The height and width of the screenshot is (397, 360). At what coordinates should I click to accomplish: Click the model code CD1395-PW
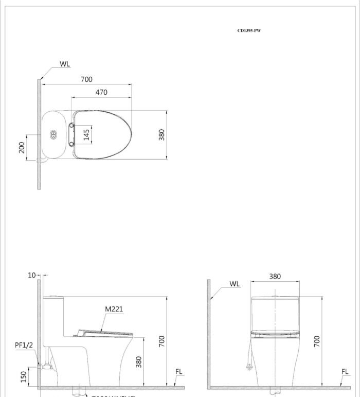249,31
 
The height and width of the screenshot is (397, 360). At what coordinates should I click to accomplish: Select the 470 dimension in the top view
101,92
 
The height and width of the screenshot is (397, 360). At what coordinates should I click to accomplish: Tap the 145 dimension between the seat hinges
86,134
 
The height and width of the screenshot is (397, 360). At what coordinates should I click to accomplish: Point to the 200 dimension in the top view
22,148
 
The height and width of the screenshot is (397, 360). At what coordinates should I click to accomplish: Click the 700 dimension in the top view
86,79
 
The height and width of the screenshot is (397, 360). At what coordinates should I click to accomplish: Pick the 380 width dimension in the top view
161,135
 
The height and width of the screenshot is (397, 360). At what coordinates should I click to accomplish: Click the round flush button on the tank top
53,135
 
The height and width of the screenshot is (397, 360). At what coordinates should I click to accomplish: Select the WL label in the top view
64,64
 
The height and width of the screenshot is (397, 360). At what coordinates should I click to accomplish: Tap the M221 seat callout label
114,309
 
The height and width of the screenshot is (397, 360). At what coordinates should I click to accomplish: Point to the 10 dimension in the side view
32,275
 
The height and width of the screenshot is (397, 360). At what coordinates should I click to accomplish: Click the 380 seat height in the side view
138,362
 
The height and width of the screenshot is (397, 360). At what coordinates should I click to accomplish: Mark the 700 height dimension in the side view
162,340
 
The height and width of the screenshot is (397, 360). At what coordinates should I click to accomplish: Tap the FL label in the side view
178,372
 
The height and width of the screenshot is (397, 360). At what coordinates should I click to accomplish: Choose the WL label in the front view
234,284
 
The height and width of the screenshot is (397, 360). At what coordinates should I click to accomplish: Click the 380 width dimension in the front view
275,276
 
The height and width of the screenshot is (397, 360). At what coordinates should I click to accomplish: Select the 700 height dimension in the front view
317,340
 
